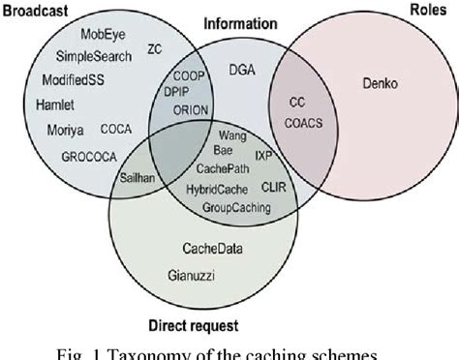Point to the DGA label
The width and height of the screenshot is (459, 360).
pyautogui.click(x=242, y=69)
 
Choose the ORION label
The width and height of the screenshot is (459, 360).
pyautogui.click(x=190, y=110)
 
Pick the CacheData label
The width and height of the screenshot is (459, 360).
pyautogui.click(x=212, y=249)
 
